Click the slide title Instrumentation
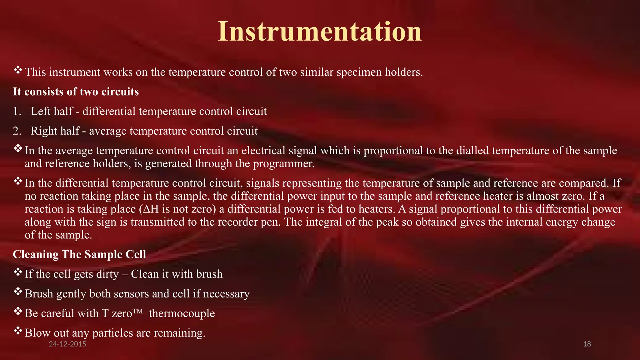[319, 31]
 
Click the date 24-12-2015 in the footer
[67, 344]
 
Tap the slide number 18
[587, 344]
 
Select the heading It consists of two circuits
[76, 92]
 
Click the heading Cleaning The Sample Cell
[79, 254]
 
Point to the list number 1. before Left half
[17, 112]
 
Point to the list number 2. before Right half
[17, 131]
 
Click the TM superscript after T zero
[138, 311]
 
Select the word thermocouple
[182, 313]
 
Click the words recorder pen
[247, 222]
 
